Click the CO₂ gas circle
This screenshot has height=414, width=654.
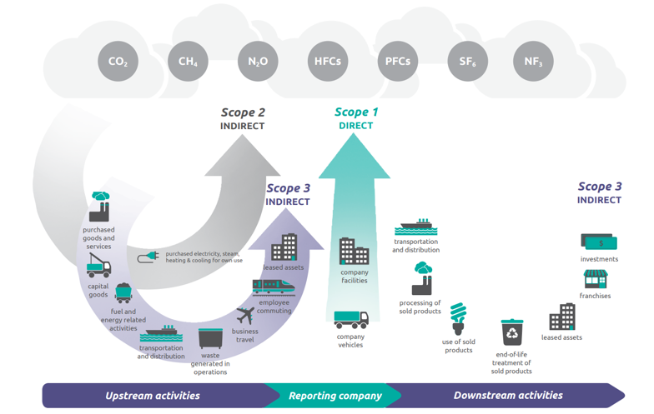click(x=118, y=62)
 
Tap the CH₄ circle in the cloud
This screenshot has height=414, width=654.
click(x=188, y=62)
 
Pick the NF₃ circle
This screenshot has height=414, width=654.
click(x=533, y=62)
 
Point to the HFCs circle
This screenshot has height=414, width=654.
click(x=328, y=62)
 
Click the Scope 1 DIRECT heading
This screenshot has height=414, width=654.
click(x=356, y=118)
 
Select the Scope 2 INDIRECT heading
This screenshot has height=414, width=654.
click(x=243, y=118)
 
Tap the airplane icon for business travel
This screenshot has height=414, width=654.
click(x=245, y=316)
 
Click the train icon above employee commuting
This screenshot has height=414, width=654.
click(x=274, y=287)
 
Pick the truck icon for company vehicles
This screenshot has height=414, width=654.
click(x=351, y=321)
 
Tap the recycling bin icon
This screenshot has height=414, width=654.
click(x=511, y=332)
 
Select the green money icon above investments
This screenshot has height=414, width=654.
click(x=599, y=242)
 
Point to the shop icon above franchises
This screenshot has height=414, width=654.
click(x=596, y=278)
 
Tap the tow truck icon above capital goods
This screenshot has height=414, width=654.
click(x=98, y=267)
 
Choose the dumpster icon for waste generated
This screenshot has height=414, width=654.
click(x=210, y=338)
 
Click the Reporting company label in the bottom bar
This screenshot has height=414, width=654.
click(x=335, y=396)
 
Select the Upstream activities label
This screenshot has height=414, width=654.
click(x=153, y=396)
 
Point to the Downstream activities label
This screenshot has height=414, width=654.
click(x=508, y=396)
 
